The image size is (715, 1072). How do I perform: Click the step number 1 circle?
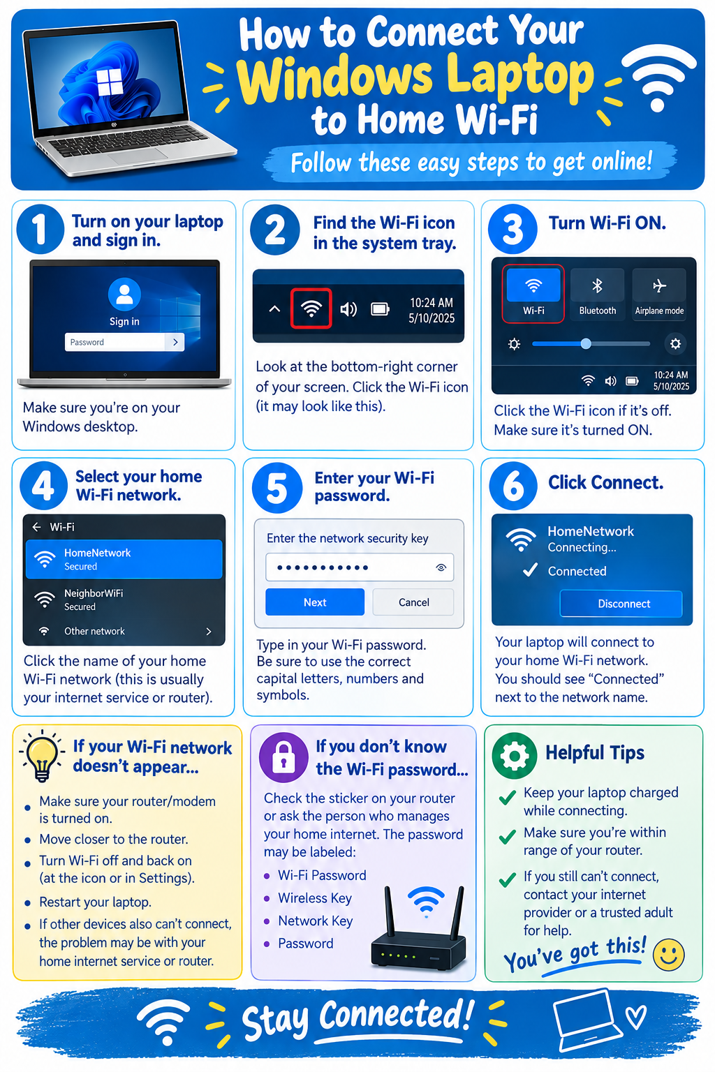[40, 229]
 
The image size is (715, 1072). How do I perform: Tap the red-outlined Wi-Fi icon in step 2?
[311, 308]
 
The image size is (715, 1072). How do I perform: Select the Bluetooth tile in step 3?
[597, 294]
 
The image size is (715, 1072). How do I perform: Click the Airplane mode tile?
[659, 294]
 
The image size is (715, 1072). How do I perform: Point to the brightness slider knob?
[586, 343]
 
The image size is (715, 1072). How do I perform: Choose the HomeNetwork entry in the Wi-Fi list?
[124, 560]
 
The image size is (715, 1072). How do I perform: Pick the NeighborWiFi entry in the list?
[124, 600]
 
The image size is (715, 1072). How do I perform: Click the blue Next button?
[315, 602]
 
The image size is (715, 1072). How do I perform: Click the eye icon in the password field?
[441, 567]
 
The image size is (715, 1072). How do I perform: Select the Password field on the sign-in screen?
[124, 342]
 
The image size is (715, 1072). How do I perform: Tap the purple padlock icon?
[283, 757]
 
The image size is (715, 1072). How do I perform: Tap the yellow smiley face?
[668, 955]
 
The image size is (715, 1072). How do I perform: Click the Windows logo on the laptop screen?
[110, 82]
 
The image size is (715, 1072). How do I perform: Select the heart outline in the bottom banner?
[636, 1017]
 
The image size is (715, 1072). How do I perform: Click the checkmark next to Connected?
[530, 569]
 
